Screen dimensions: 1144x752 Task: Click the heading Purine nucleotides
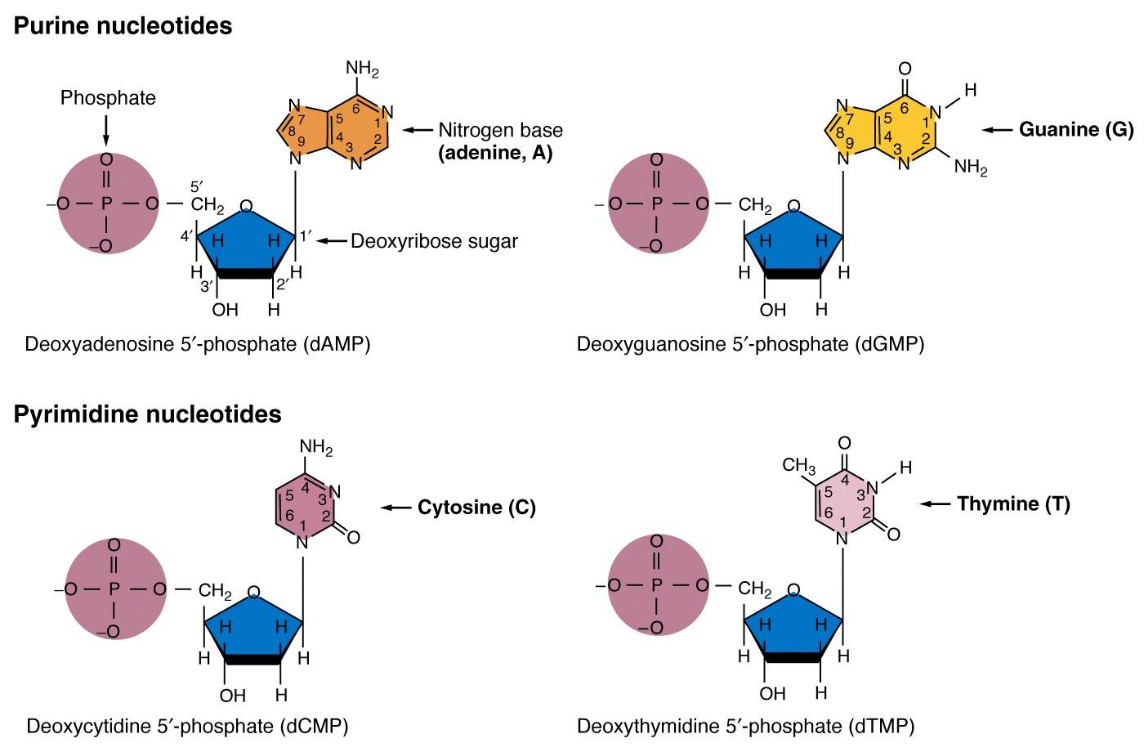(123, 25)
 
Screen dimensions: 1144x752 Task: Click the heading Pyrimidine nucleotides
(147, 414)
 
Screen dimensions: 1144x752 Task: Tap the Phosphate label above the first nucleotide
(108, 97)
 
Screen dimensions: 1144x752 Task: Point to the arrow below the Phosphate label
(106, 131)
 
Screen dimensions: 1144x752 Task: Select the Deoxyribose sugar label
(434, 241)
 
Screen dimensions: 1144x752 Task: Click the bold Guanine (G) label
(1076, 129)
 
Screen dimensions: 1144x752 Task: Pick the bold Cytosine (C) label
(476, 508)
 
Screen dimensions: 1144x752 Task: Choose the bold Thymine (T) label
(1013, 504)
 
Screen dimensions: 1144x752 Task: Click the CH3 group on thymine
(799, 466)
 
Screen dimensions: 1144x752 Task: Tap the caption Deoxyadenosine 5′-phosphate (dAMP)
(198, 344)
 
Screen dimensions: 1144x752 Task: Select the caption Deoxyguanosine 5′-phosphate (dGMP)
(750, 344)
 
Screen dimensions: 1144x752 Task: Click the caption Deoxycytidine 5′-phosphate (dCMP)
(187, 727)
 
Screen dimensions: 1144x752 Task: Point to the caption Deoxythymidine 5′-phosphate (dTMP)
(745, 727)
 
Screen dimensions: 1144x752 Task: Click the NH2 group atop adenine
(362, 69)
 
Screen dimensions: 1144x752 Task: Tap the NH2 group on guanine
(971, 167)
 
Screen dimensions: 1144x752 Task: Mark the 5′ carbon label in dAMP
(197, 187)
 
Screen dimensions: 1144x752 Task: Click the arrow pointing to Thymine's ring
(935, 504)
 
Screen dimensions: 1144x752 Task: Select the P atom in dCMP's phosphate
(114, 589)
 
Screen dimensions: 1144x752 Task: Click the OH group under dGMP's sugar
(772, 310)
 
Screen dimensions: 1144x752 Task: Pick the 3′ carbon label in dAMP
(206, 287)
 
